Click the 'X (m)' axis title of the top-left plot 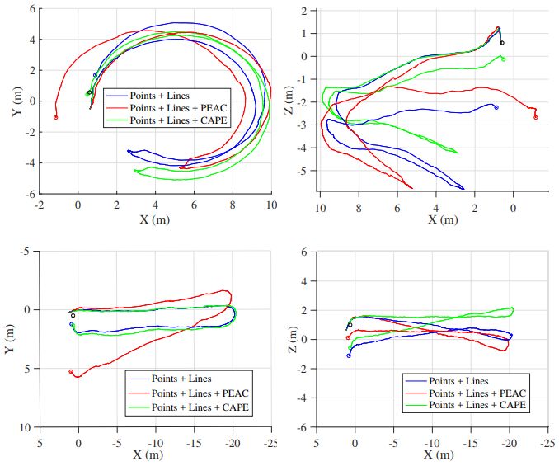pyautogui.click(x=155, y=219)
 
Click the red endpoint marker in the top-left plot pyautogui.click(x=56, y=117)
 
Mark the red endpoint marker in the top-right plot pyautogui.click(x=536, y=117)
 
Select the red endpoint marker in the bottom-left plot pyautogui.click(x=71, y=371)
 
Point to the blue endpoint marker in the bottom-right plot pyautogui.click(x=349, y=355)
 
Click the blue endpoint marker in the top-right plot pyautogui.click(x=496, y=107)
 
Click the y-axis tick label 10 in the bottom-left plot pyautogui.click(x=27, y=427)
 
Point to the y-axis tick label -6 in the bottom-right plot pyautogui.click(x=304, y=427)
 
